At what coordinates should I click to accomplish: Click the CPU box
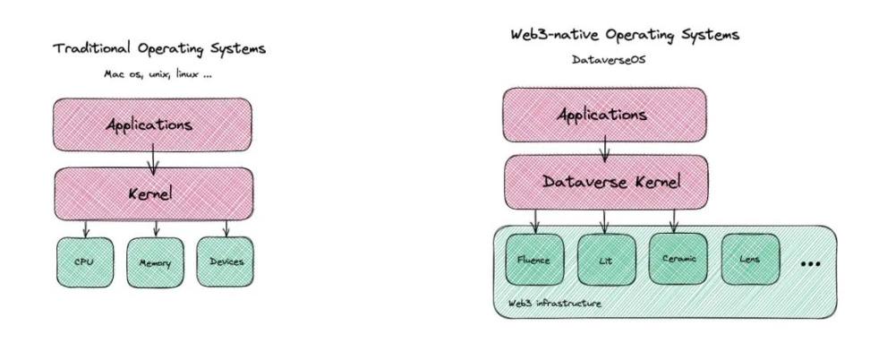coord(83,262)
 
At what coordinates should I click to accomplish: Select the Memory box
coord(154,263)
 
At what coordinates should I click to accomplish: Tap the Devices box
coord(224,261)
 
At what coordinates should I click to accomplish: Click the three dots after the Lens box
coord(811,264)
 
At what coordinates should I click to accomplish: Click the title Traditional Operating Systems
coord(160,47)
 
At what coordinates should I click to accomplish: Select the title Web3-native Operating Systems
coord(624,35)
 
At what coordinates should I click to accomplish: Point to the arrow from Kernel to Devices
coord(225,227)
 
